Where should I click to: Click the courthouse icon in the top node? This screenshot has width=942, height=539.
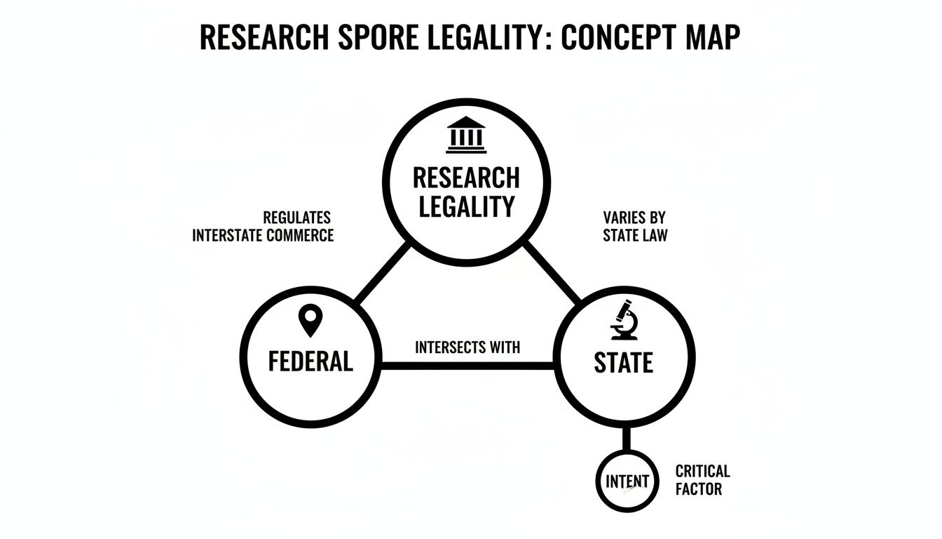(466, 135)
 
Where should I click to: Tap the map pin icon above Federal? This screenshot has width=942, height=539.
(310, 321)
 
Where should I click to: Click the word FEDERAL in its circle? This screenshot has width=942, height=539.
(310, 361)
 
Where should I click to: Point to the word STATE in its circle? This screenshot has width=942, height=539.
(623, 362)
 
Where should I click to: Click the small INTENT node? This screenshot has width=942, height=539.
(627, 481)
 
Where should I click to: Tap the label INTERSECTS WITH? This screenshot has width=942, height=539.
(467, 347)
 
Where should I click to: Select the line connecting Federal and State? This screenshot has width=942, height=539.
(467, 365)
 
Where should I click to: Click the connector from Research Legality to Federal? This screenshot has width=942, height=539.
(383, 274)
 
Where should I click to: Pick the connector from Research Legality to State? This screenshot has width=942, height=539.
(552, 274)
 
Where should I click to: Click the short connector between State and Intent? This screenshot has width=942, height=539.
(627, 440)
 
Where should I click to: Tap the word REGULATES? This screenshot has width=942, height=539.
(296, 218)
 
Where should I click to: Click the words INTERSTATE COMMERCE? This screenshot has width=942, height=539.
(263, 236)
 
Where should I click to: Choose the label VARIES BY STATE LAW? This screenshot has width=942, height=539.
(635, 227)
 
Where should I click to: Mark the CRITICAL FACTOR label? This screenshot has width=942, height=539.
(702, 479)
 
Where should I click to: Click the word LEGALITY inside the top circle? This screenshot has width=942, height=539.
(466, 206)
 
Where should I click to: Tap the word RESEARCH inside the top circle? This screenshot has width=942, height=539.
(466, 178)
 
